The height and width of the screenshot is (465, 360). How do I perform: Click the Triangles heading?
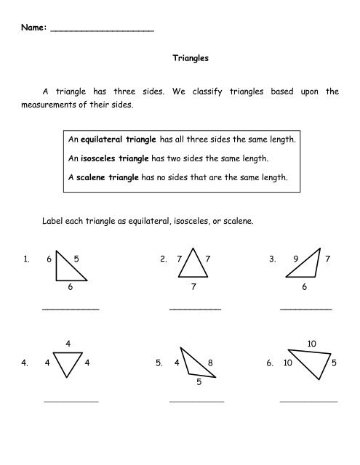pyautogui.click(x=190, y=62)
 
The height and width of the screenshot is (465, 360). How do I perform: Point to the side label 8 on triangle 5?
pyautogui.click(x=210, y=362)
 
